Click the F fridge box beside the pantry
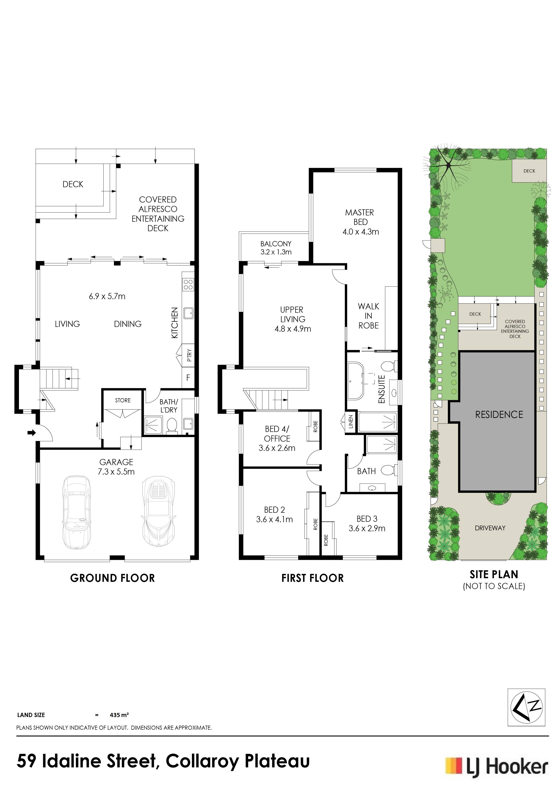click(188, 378)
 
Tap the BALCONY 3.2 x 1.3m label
click(276, 248)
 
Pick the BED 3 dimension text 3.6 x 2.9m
click(367, 528)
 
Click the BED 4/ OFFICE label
click(277, 434)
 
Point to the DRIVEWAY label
click(490, 528)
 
